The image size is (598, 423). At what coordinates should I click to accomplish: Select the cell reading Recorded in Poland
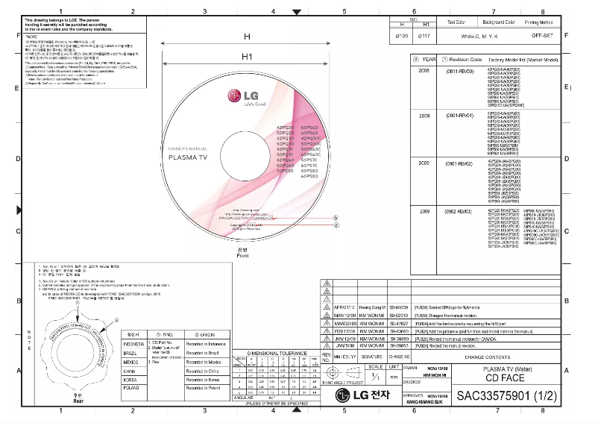tap(205, 389)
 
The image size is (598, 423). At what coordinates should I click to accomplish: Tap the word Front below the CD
tap(242, 256)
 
